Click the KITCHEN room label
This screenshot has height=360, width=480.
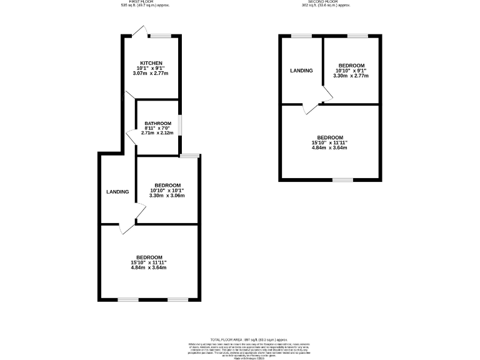(151, 63)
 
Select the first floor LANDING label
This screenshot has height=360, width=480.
(117, 191)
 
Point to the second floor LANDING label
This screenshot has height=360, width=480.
(301, 71)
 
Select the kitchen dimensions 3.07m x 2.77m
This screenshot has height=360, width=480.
(151, 74)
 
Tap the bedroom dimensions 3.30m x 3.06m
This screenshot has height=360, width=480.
(167, 196)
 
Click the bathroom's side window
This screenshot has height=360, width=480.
(180, 124)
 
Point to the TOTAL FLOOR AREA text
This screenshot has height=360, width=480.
(240, 338)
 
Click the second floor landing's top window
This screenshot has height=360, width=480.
(302, 36)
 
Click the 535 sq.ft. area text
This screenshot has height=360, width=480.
(144, 6)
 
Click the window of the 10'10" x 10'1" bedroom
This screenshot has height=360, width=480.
(189, 154)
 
